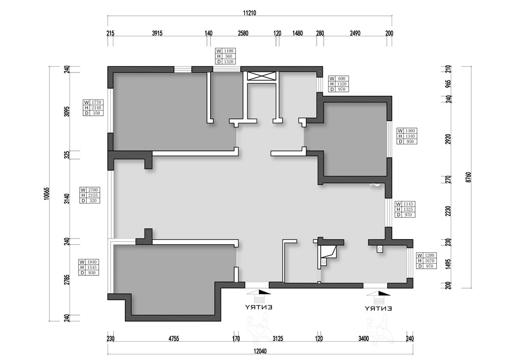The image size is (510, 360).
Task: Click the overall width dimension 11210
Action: pyautogui.click(x=249, y=13)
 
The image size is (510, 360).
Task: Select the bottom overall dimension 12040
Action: pyautogui.click(x=260, y=351)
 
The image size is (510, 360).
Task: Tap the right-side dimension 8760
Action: pyautogui.click(x=468, y=177)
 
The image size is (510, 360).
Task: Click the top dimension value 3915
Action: pyautogui.click(x=157, y=33)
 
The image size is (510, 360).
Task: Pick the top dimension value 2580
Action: pyautogui.click(x=243, y=33)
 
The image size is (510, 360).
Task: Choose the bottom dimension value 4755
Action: pyautogui.click(x=174, y=339)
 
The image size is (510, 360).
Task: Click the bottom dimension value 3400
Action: pyautogui.click(x=363, y=339)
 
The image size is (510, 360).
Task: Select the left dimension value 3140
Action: pyautogui.click(x=67, y=198)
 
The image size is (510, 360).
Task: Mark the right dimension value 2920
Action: pyautogui.click(x=448, y=139)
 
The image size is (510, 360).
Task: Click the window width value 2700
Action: pyautogui.click(x=93, y=190)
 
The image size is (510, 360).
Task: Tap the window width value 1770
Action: pyautogui.click(x=96, y=102)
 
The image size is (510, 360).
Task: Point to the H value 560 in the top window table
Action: pyautogui.click(x=228, y=56)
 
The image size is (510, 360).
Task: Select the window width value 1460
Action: pyautogui.click(x=410, y=131)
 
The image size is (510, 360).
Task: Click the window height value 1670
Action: pyautogui.click(x=429, y=261)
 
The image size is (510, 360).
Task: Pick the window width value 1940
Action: pyautogui.click(x=92, y=262)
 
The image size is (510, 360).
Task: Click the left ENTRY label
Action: pyautogui.click(x=259, y=307)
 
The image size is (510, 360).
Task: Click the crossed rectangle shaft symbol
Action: pyautogui.click(x=262, y=76)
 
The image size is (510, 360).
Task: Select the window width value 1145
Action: pyautogui.click(x=408, y=204)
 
